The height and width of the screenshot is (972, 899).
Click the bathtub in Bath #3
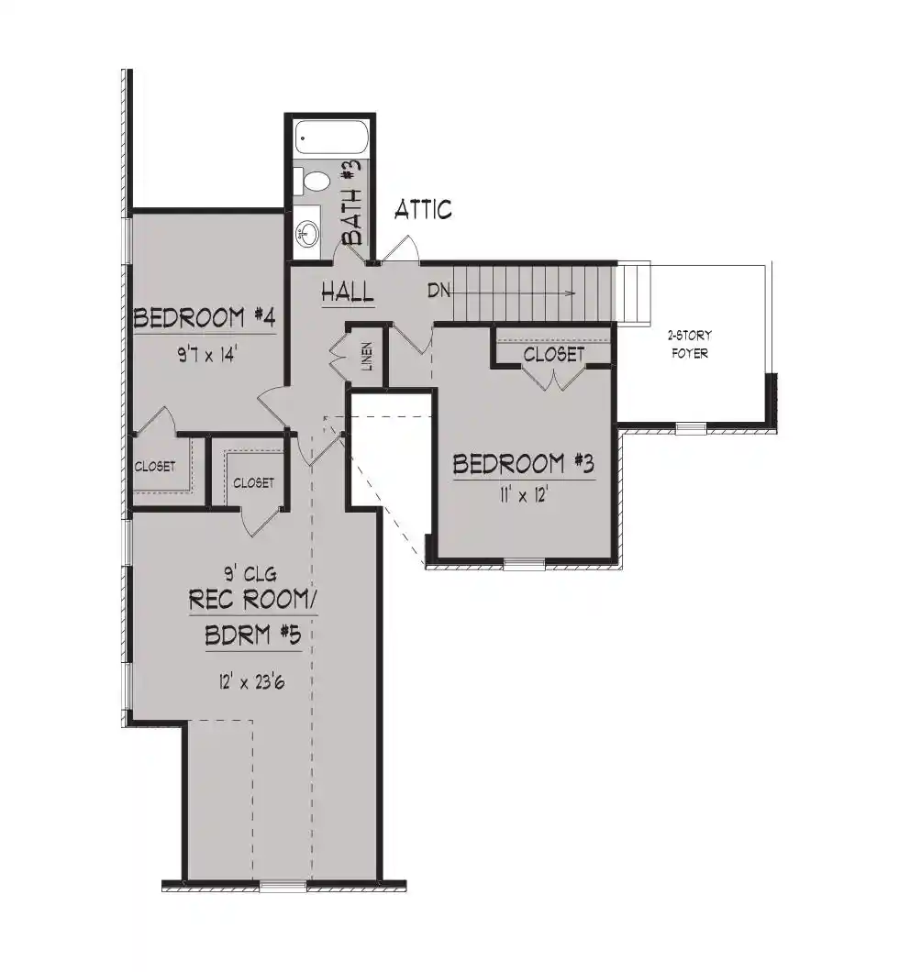(332, 138)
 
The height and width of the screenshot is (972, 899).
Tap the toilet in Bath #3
(314, 181)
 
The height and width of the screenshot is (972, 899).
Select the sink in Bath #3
(307, 233)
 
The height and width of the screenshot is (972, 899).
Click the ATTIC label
(423, 209)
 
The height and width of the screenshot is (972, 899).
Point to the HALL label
(348, 292)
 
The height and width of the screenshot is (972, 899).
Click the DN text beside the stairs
(439, 290)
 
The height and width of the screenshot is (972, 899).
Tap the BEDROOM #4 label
(205, 318)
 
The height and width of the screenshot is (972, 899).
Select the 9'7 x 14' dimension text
(207, 355)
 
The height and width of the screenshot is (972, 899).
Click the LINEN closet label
(367, 356)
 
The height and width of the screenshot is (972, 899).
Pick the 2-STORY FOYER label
(690, 344)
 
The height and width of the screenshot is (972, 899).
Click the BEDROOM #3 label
(524, 464)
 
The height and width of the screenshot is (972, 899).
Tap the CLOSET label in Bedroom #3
(554, 354)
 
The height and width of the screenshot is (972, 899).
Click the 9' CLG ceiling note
(250, 574)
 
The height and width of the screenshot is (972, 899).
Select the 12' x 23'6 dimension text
(251, 682)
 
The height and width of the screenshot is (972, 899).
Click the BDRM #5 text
(253, 635)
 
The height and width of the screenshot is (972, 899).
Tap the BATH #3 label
(351, 201)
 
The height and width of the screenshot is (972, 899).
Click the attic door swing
(401, 249)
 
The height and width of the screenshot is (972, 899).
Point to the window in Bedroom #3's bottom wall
(524, 564)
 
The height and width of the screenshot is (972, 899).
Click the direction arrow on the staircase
(514, 293)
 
